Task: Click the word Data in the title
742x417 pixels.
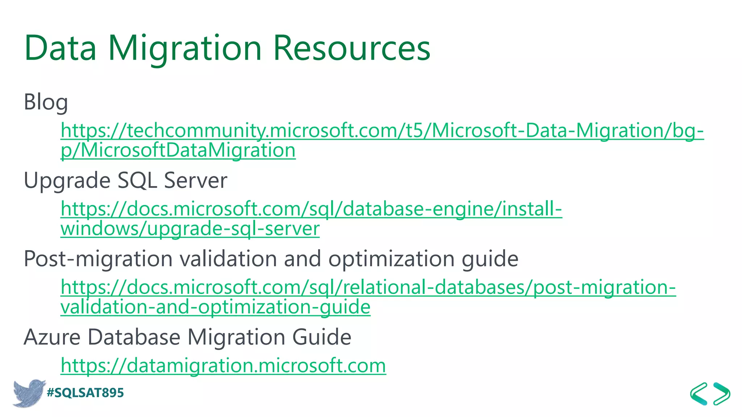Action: (x=61, y=48)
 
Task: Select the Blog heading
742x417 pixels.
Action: (x=46, y=102)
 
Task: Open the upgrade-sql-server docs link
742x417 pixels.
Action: (x=311, y=209)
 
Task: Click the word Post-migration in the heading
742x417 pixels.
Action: (x=98, y=259)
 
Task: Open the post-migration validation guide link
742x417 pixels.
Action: (x=368, y=287)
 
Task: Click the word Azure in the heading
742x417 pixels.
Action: (x=52, y=337)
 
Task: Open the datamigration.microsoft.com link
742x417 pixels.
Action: (x=223, y=365)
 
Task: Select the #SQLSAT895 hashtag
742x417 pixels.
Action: (x=86, y=393)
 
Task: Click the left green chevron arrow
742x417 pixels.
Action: (x=699, y=393)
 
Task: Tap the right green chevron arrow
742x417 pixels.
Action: (x=722, y=393)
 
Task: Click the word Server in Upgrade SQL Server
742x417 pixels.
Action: (x=196, y=180)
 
